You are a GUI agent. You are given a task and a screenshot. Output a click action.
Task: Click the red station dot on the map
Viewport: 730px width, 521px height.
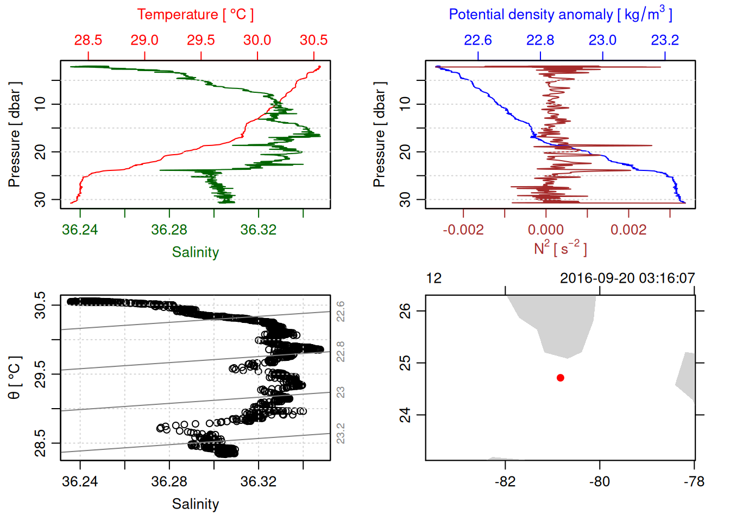click(561, 378)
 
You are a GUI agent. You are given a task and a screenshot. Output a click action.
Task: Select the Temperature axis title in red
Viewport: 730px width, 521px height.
click(195, 15)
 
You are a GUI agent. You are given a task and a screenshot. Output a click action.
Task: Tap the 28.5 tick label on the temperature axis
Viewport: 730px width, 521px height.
click(88, 40)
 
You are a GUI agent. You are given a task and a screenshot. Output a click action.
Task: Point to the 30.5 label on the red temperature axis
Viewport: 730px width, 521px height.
click(313, 40)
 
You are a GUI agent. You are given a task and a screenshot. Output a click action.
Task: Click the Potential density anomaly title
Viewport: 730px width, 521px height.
click(560, 15)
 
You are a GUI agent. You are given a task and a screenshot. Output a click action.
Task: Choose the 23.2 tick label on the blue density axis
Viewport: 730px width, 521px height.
click(665, 40)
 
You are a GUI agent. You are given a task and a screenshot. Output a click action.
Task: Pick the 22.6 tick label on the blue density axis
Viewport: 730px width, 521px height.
click(478, 40)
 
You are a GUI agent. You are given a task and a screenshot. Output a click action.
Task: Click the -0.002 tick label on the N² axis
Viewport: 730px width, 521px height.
click(463, 230)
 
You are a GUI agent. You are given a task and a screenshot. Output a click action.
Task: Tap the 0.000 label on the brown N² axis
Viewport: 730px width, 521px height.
click(546, 230)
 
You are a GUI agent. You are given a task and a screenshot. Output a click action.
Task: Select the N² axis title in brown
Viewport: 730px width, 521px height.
click(560, 249)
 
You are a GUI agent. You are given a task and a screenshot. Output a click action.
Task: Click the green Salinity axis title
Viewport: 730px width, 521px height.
click(195, 252)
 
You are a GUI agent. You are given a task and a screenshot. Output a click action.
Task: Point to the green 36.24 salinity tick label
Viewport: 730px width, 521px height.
click(80, 230)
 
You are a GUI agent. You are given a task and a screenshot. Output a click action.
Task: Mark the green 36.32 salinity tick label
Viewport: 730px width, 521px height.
click(259, 230)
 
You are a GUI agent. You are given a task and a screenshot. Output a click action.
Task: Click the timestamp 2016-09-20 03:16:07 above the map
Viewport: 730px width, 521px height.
click(627, 278)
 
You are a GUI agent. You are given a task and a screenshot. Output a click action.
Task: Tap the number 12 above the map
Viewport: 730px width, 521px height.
click(434, 278)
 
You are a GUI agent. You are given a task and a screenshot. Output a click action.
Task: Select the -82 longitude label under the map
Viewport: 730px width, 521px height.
click(505, 481)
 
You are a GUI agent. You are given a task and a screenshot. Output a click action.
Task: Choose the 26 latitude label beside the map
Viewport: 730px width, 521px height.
click(405, 311)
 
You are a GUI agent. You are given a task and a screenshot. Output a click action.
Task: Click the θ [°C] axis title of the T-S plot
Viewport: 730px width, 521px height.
click(15, 378)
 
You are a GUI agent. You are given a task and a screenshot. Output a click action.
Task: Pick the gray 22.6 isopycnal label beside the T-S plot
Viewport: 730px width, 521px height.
click(341, 312)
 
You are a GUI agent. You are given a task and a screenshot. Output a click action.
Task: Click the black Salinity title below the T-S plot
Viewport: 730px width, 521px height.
click(195, 504)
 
